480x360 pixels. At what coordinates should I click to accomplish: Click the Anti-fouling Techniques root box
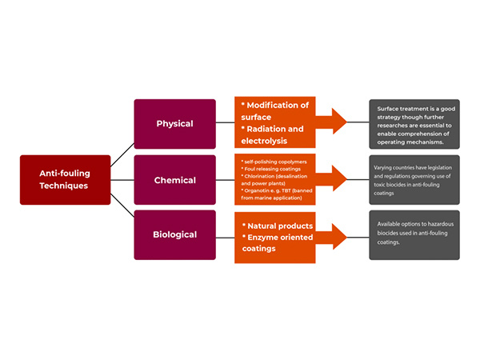(x=64, y=179)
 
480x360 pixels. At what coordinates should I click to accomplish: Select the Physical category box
(x=174, y=124)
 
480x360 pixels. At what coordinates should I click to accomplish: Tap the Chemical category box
(x=174, y=180)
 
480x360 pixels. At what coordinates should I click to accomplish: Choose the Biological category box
(x=174, y=235)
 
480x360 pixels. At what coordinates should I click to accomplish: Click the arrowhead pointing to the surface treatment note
(x=338, y=122)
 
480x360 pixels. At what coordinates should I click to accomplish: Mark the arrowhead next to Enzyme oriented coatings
(x=338, y=236)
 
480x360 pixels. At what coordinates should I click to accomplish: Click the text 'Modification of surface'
(x=277, y=111)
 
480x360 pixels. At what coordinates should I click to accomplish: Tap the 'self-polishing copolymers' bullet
(x=273, y=162)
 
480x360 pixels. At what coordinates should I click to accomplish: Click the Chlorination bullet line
(x=275, y=181)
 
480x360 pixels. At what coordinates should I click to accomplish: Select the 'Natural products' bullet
(x=278, y=226)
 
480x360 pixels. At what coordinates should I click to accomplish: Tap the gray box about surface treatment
(x=414, y=124)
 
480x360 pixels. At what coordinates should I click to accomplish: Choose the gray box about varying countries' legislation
(x=414, y=179)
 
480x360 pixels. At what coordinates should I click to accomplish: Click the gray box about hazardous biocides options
(x=414, y=235)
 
